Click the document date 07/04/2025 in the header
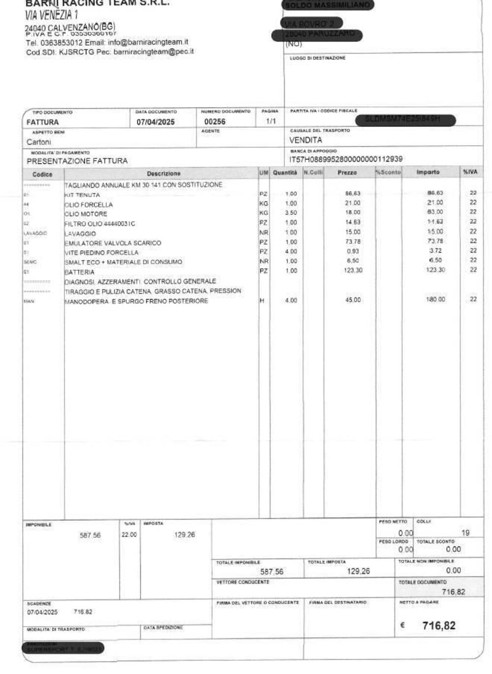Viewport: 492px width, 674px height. (155, 122)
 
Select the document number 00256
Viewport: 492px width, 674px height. (215, 122)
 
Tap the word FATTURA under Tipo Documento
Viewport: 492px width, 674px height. (43, 122)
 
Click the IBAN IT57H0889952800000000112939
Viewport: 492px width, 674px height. (346, 159)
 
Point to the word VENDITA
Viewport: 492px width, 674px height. (306, 140)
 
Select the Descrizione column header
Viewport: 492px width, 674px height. (163, 174)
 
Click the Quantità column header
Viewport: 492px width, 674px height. (285, 173)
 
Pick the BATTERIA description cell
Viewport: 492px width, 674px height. (80, 272)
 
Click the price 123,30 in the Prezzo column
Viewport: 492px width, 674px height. (353, 271)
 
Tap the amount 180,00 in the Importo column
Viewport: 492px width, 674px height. (435, 299)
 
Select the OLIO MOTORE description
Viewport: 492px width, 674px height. (86, 214)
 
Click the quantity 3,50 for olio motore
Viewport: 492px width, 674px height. (291, 213)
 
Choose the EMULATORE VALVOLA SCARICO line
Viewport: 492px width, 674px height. (113, 243)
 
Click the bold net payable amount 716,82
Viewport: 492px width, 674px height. (439, 626)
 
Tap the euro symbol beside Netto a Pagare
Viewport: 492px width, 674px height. (402, 626)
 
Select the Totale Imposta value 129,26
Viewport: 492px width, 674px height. (358, 571)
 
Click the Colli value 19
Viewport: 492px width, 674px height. (465, 533)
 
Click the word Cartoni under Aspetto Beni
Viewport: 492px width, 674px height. (39, 142)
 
